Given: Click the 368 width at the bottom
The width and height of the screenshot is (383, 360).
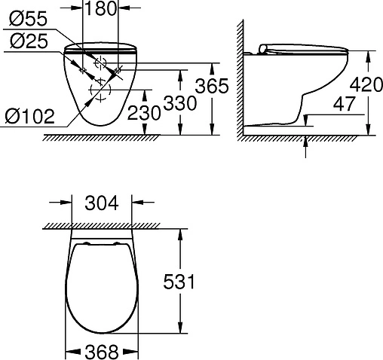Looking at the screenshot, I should [103, 351].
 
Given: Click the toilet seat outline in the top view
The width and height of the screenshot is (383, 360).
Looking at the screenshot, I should [103, 286].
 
